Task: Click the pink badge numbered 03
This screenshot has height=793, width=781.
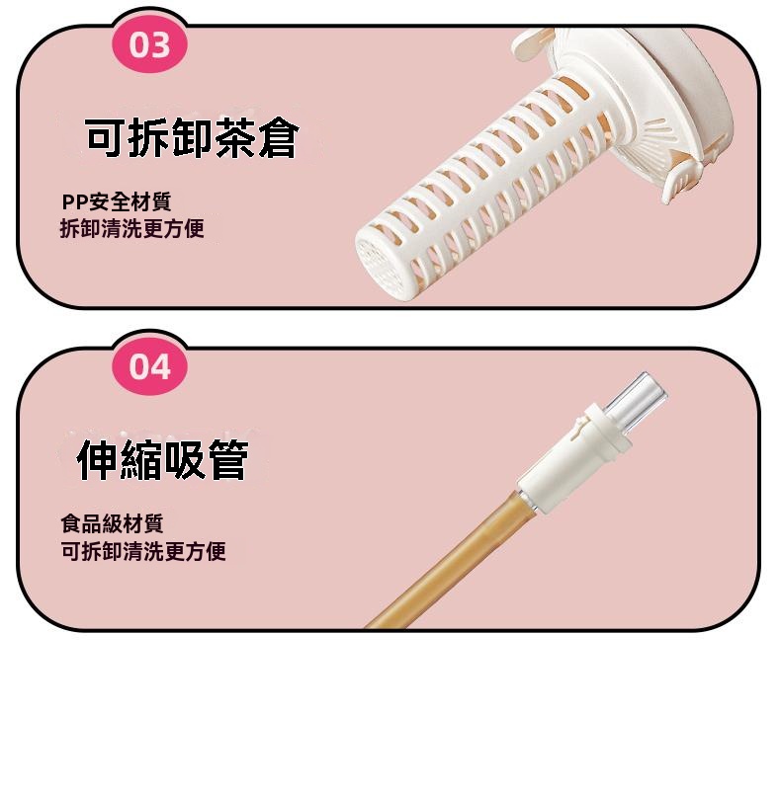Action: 149,44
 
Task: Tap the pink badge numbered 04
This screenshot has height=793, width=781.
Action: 149,366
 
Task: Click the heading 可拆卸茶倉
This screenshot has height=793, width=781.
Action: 192,138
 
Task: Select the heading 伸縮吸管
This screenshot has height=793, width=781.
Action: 163,460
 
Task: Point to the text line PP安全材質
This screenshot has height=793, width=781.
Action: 117,201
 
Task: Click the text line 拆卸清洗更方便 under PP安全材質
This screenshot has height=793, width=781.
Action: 132,228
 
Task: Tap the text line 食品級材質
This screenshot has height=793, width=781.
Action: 112,523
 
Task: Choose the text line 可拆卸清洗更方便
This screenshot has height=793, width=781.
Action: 143,551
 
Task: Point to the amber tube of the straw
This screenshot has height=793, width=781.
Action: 452,561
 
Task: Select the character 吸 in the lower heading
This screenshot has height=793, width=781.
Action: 185,460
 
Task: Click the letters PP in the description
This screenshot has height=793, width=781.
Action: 75,202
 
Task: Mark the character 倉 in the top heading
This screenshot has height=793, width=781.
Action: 279,138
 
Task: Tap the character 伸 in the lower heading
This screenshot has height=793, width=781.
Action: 98,460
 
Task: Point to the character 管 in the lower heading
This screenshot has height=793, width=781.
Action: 228,460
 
